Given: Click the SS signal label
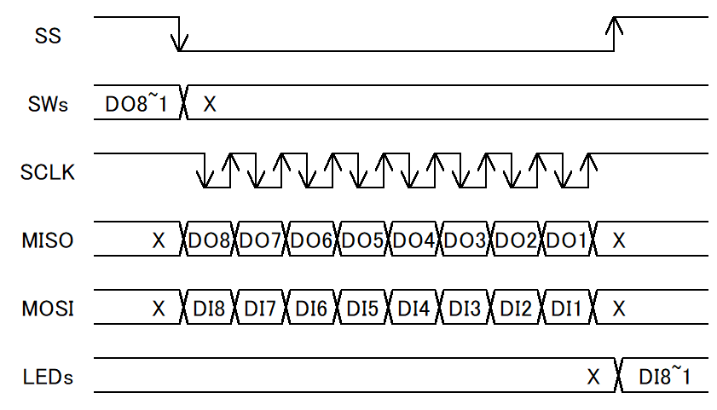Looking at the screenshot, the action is (48, 36).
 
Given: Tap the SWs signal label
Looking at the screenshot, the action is (48, 104).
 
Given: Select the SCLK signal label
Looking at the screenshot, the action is (48, 172).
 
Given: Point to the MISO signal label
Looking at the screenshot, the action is (48, 240).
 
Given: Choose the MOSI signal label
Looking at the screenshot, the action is (48, 309).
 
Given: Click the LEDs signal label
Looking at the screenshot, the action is (48, 377).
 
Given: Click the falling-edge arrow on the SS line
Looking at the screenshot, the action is (179, 34).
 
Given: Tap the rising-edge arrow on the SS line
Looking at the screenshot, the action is (614, 34).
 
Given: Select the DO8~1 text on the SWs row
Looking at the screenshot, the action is (136, 103).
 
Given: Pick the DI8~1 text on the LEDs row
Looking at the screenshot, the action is (664, 376).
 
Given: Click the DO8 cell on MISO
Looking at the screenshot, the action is (209, 239).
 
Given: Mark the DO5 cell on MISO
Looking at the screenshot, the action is (362, 239).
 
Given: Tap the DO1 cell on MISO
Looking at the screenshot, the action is (567, 239).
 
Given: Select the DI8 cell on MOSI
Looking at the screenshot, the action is (209, 307).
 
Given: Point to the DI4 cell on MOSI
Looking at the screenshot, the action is (413, 307).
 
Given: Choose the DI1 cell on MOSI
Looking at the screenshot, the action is (567, 307).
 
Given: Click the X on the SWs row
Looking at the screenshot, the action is (210, 104).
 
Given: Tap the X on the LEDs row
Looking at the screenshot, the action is (593, 377).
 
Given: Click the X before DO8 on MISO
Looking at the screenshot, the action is (159, 240).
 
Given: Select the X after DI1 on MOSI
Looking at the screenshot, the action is (619, 309).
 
